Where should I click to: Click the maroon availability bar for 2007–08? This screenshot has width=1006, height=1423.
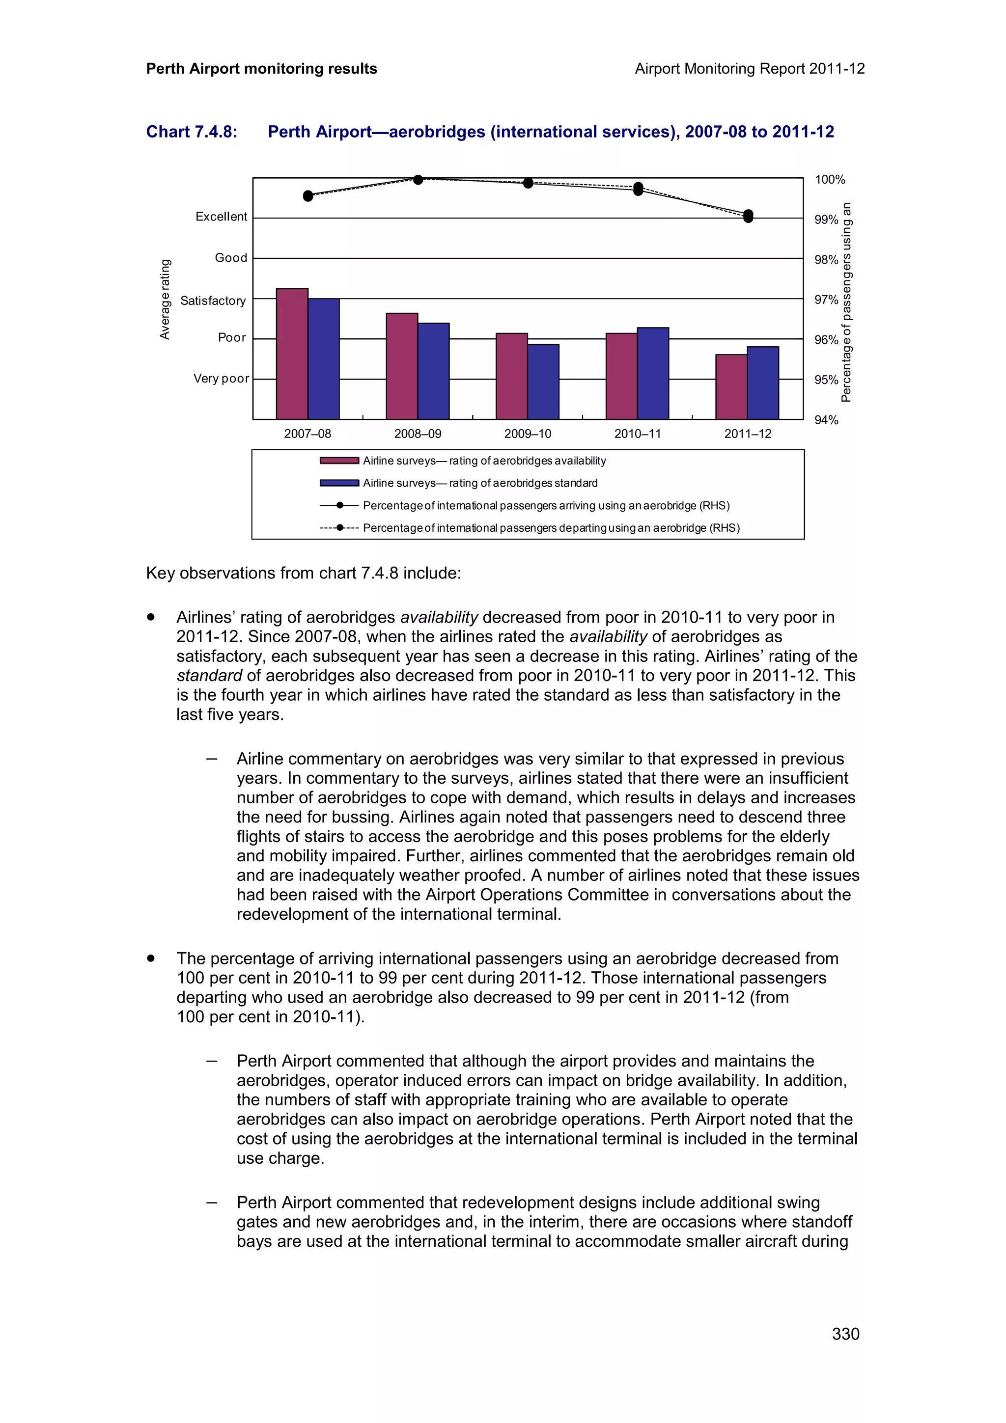click(292, 354)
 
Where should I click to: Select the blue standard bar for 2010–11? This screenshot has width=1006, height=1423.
click(653, 373)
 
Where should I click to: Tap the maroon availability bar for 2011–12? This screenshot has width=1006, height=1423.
click(731, 387)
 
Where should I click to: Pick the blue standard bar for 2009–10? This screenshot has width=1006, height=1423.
click(543, 382)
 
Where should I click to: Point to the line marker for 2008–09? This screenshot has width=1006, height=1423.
click(418, 180)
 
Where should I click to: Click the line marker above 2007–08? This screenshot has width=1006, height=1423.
click(308, 196)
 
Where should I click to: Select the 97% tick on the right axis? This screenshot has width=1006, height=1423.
click(826, 300)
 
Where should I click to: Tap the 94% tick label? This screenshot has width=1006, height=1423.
click(826, 420)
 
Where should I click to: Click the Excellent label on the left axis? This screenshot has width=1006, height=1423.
click(221, 217)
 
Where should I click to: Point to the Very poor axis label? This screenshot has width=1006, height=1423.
click(221, 379)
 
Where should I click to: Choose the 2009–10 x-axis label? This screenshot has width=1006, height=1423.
click(528, 434)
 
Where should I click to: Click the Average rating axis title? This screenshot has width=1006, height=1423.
click(165, 300)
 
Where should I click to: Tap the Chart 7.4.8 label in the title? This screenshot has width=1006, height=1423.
click(192, 132)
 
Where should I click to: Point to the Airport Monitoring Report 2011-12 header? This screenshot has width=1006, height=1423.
click(750, 69)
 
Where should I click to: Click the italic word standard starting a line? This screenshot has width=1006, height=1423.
click(209, 676)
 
